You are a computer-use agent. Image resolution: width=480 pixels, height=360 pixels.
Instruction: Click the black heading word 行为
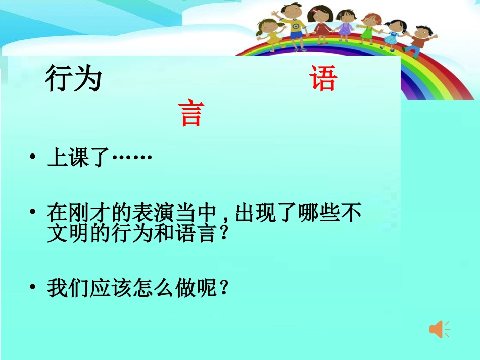pos(73,80)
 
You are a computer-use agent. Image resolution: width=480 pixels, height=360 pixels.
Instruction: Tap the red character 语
pos(323,79)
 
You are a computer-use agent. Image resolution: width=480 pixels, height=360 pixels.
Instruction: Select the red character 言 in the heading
pos(191,114)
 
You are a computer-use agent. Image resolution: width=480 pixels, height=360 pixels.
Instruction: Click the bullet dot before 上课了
pos(33,159)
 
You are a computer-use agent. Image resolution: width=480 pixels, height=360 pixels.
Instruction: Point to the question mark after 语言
pos(224,235)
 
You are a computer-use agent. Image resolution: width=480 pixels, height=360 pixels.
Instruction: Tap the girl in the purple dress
pos(346,26)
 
